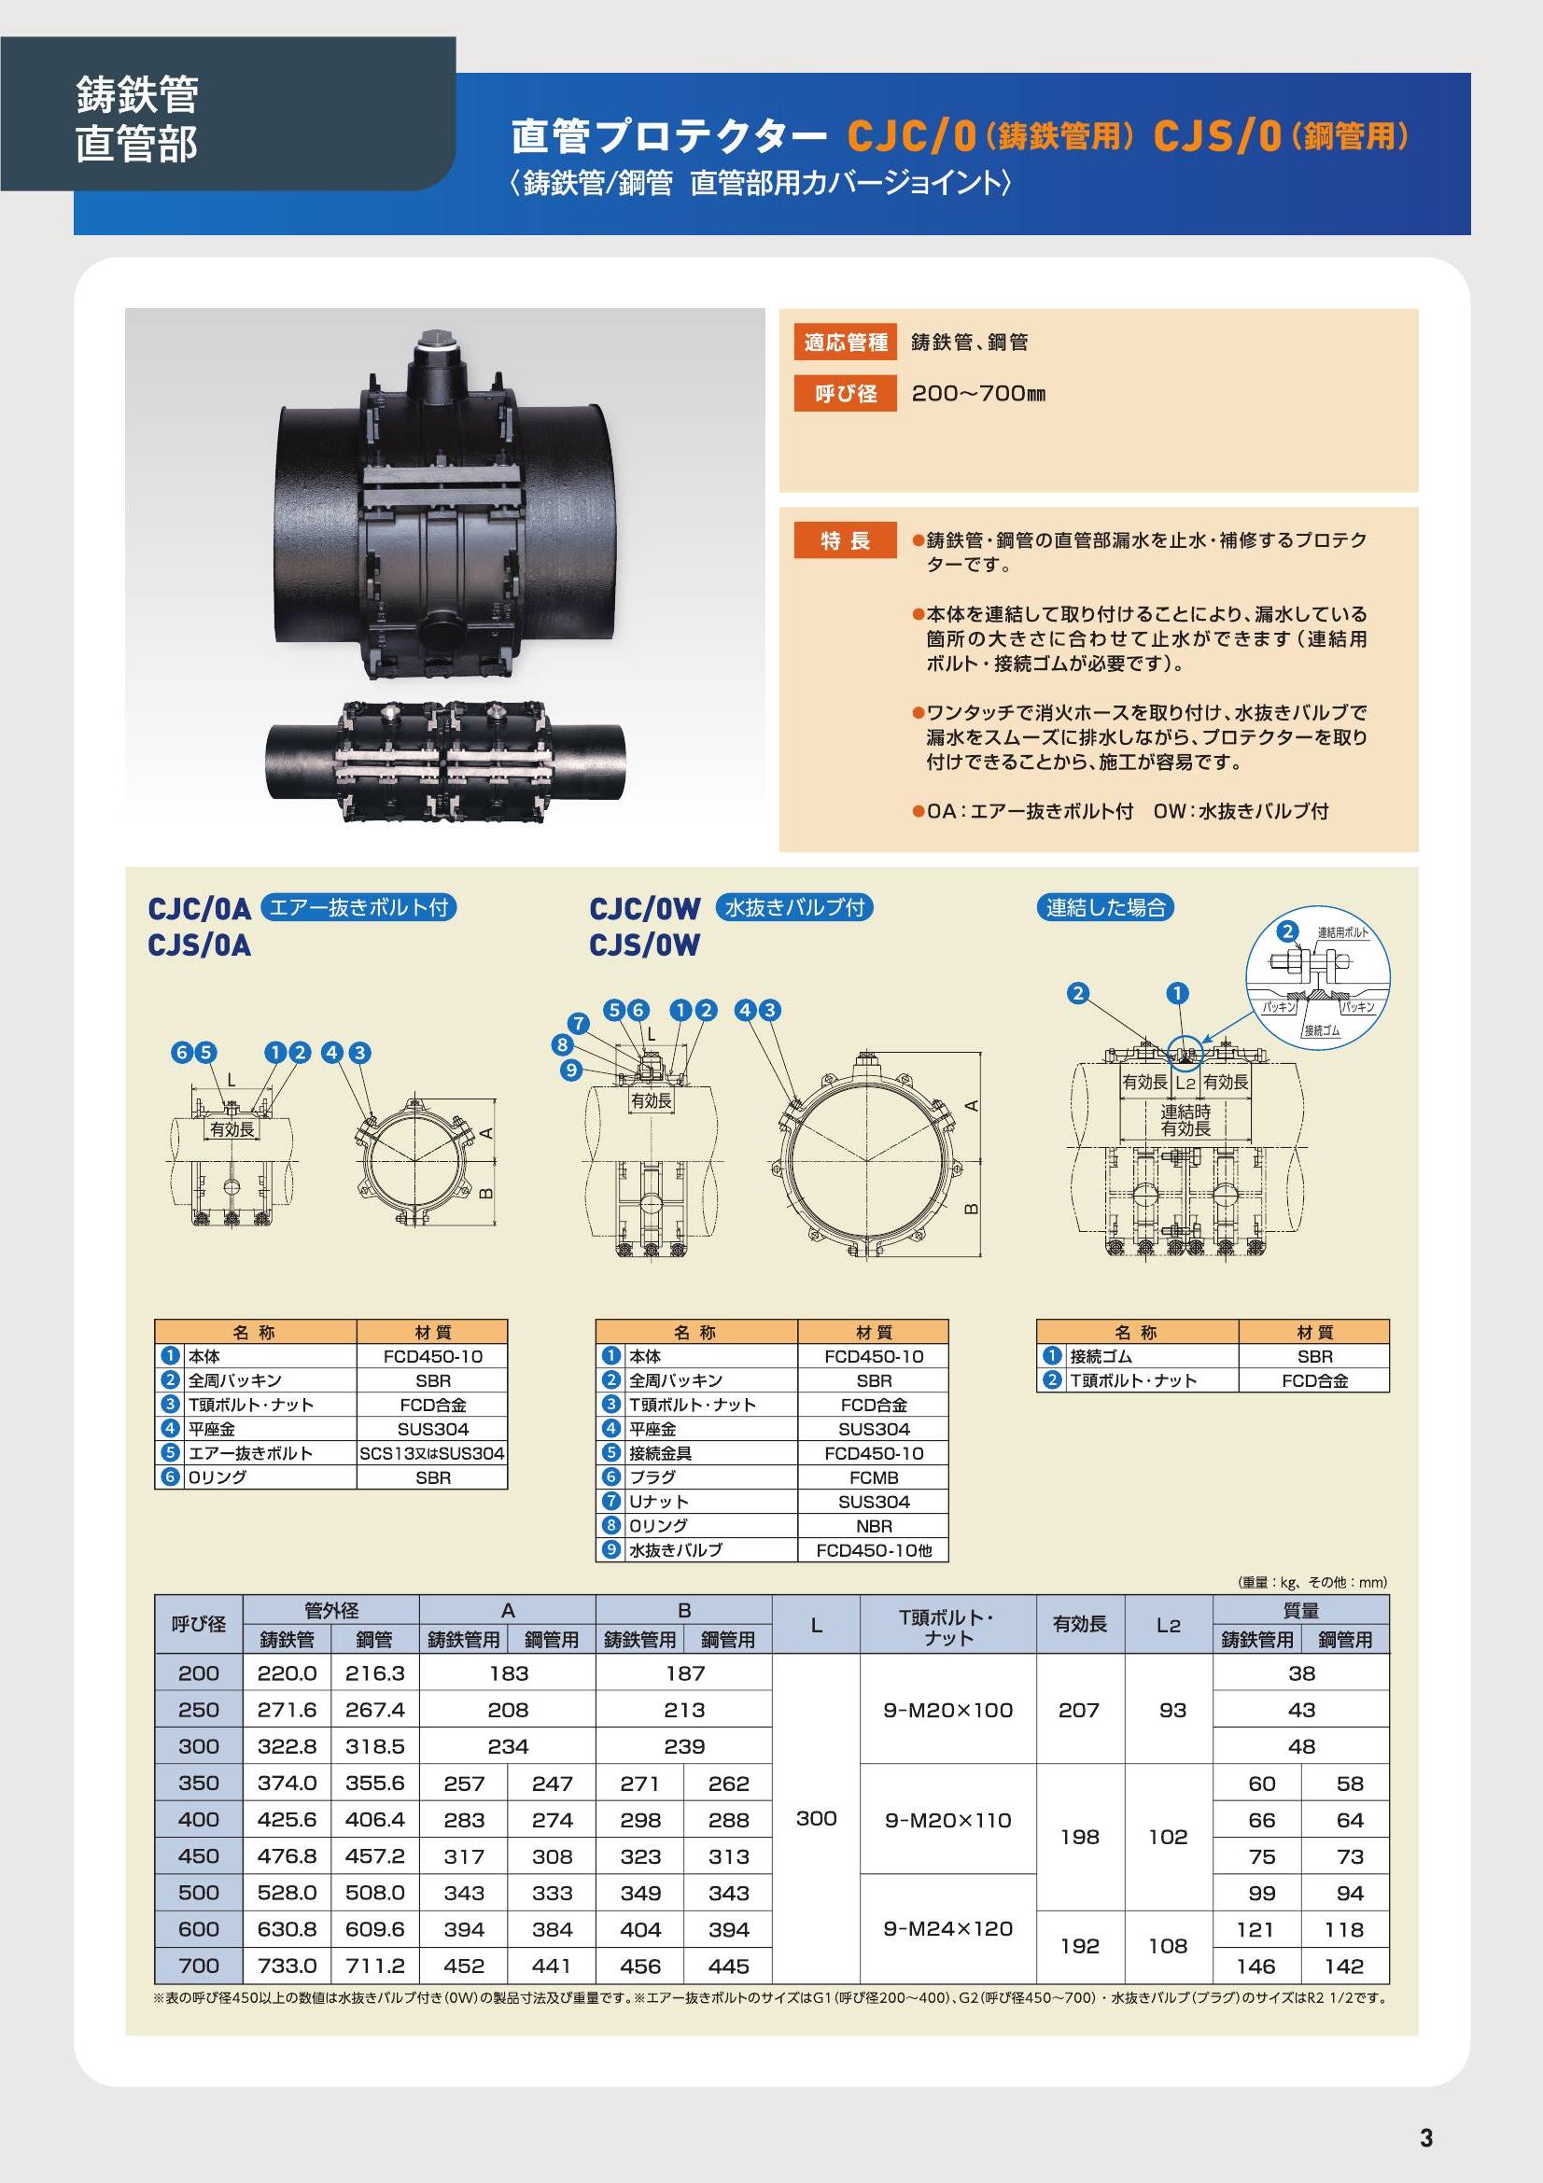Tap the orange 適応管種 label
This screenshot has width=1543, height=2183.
click(x=845, y=343)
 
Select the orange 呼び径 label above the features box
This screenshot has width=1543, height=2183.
click(x=845, y=393)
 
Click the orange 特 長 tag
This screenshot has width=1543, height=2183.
click(x=845, y=540)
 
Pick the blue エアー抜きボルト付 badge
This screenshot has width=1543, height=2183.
click(x=358, y=907)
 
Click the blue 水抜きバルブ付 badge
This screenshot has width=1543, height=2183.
click(x=794, y=907)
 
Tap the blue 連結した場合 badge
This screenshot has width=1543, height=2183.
click(x=1104, y=907)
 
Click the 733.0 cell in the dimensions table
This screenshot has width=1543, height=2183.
click(x=288, y=1966)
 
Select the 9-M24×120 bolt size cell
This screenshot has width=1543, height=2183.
click(x=947, y=1928)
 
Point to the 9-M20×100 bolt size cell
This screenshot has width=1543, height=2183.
click(x=947, y=1710)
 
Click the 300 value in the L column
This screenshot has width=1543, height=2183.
click(x=816, y=1818)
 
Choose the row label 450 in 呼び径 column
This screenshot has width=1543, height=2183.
click(x=199, y=1856)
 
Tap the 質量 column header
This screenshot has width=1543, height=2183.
click(x=1300, y=1610)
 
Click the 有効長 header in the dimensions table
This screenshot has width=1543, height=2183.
click(x=1080, y=1624)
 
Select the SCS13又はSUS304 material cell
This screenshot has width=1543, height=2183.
click(x=432, y=1453)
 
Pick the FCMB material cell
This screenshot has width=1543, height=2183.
click(x=874, y=1477)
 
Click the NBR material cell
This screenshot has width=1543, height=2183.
click(x=874, y=1526)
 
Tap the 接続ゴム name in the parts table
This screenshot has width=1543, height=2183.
click(x=1101, y=1357)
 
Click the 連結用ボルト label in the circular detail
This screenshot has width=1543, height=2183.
click(x=1342, y=932)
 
